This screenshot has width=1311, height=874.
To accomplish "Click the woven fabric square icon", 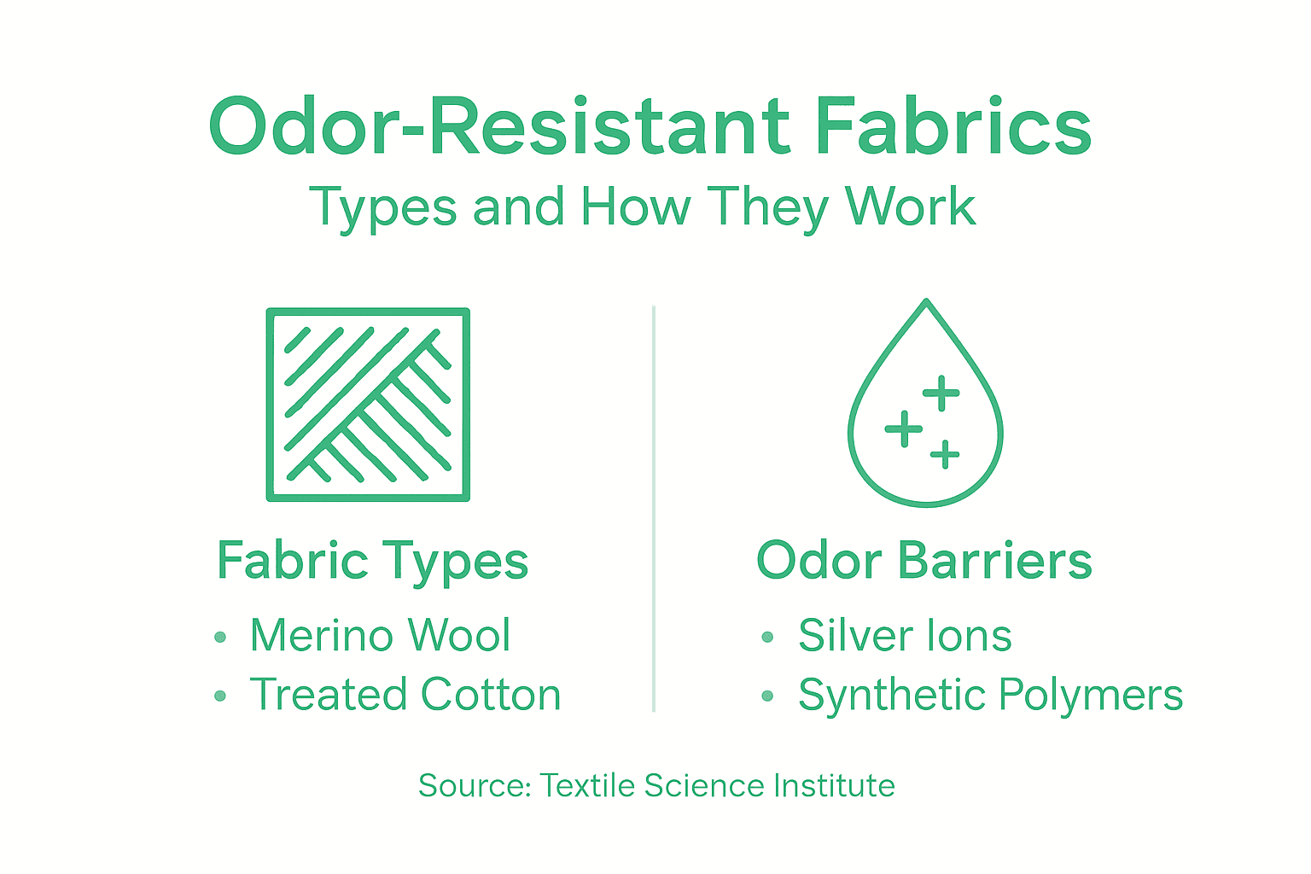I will [368, 405].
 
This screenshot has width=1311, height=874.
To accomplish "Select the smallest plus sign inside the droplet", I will [945, 454].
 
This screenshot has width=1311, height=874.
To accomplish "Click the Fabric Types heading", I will [372, 562].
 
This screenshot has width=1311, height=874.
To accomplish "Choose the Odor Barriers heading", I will [924, 561].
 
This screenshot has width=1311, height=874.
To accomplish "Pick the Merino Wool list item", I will [380, 636].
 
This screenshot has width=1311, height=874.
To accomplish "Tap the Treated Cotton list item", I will [405, 695].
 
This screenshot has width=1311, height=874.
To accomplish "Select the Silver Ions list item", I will [905, 636].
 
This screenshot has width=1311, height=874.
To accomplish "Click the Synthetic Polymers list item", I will [990, 695].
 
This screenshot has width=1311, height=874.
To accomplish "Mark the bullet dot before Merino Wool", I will [220, 637].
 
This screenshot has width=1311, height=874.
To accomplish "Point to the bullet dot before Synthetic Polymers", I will [767, 696].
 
